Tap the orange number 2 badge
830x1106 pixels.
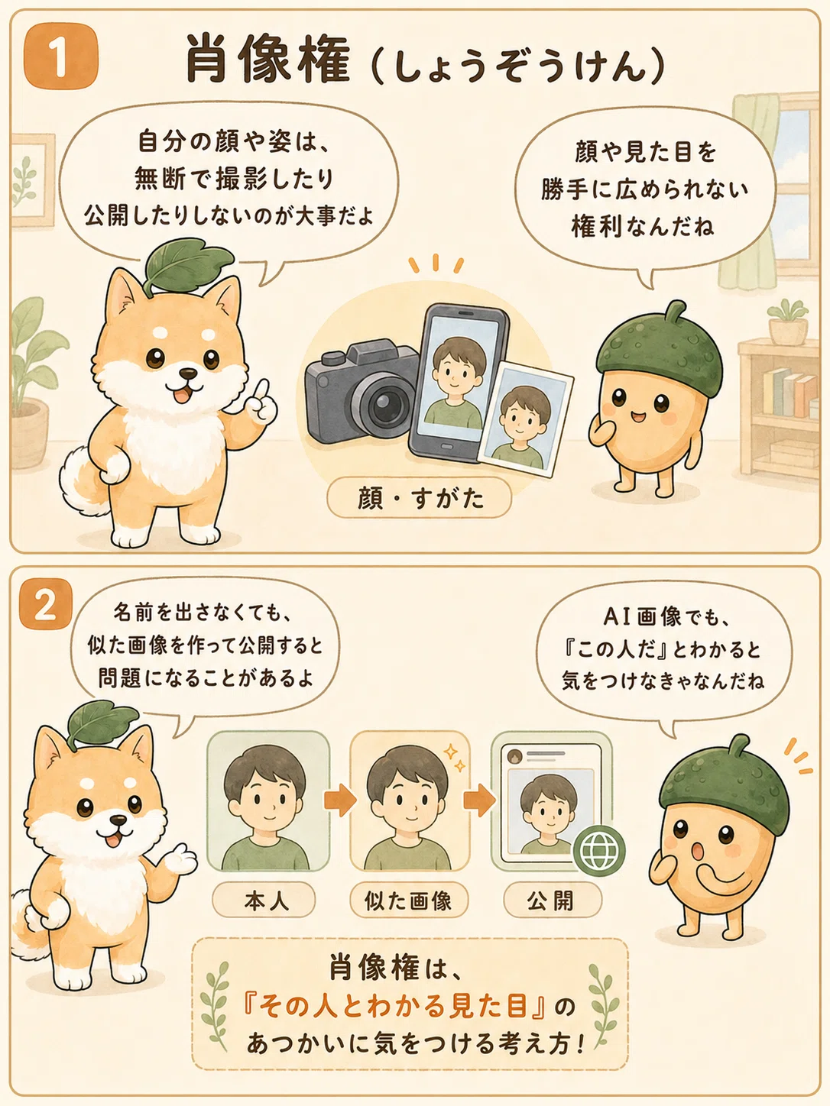[x=45, y=604]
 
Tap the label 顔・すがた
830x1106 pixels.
[x=420, y=499]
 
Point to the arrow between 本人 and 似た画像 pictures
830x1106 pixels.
[x=340, y=800]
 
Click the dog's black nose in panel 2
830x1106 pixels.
[x=119, y=821]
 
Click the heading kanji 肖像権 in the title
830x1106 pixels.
[x=268, y=60]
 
